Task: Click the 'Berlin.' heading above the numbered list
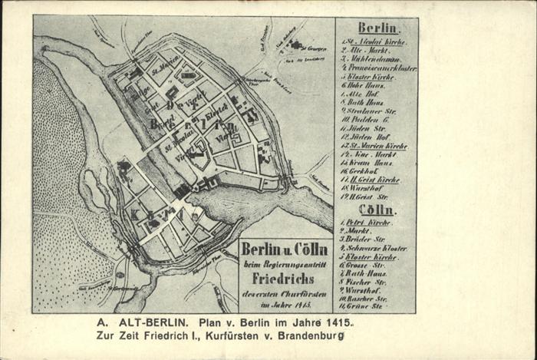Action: [377, 28]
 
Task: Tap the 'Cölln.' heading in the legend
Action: [377, 209]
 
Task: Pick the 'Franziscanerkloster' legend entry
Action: [378, 68]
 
